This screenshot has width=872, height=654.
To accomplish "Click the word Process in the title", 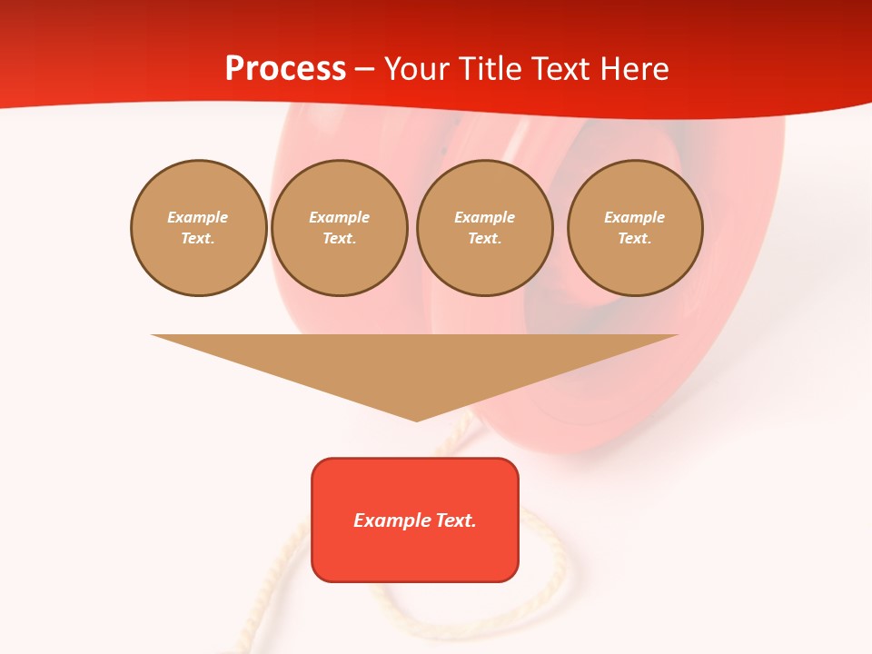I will (285, 69).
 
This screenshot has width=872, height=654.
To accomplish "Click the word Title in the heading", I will (485, 69).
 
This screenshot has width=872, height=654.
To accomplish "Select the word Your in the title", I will (414, 69).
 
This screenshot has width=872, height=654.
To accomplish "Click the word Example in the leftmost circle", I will (198, 217).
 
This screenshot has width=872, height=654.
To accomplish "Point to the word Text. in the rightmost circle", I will (635, 238).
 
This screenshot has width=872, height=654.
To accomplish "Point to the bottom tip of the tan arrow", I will (417, 419).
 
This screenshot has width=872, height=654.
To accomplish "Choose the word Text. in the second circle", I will (340, 238).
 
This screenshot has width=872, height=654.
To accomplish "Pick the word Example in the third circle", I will (485, 217).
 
